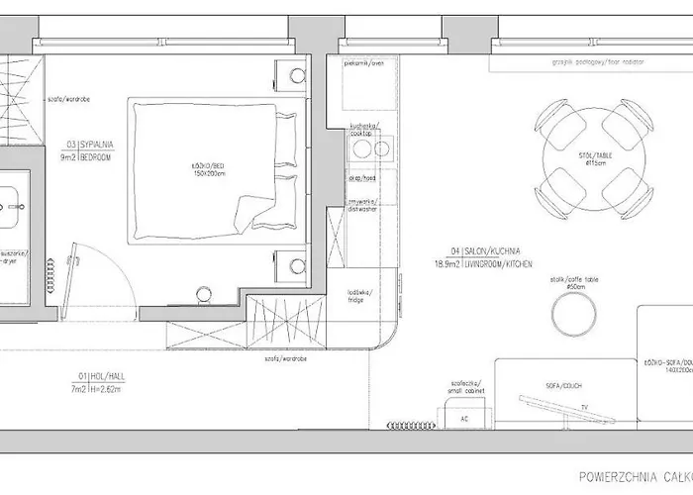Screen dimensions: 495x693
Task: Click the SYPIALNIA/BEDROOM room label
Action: [x=88, y=149]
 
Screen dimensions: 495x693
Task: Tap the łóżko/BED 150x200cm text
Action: [x=204, y=169]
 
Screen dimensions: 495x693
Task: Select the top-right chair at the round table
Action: [x=624, y=121]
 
